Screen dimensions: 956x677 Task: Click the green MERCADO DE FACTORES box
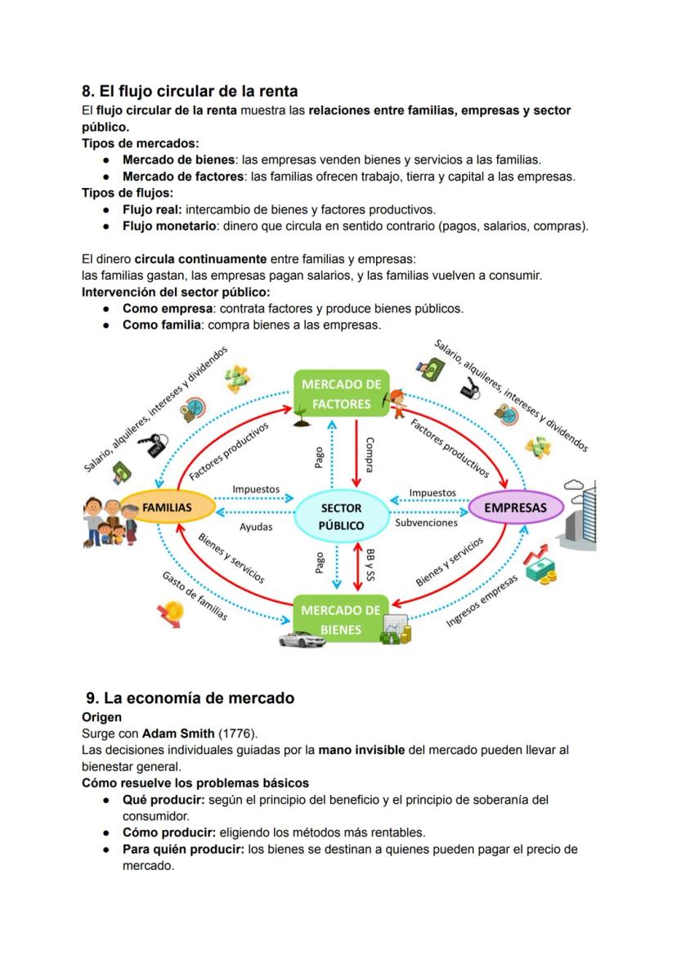[341, 393]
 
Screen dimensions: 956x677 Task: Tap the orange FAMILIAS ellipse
[167, 507]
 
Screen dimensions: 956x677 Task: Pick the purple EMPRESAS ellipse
[515, 507]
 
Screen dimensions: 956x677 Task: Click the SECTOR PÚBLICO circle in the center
[341, 516]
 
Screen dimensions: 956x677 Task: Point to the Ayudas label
[256, 527]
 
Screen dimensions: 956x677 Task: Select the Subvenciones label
[426, 522]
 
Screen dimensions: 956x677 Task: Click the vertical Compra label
[370, 452]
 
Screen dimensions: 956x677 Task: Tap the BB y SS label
[370, 564]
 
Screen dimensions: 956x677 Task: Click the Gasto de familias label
[195, 597]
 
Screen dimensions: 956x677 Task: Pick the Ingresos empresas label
[482, 601]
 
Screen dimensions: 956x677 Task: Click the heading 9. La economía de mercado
[190, 698]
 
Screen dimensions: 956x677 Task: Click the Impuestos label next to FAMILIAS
[256, 489]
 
